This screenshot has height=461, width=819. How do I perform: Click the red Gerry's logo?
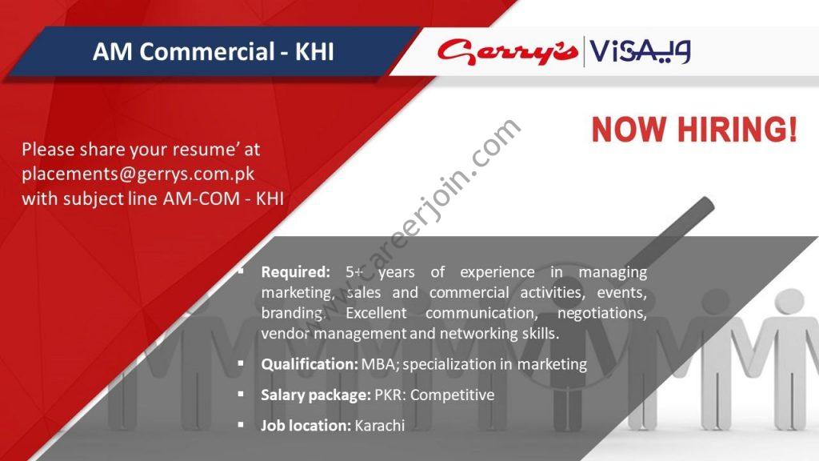tap(508, 52)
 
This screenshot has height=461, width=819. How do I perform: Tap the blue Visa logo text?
tap(641, 52)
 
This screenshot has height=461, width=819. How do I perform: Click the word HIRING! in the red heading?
tap(737, 130)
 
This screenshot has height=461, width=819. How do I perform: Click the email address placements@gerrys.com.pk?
tap(138, 174)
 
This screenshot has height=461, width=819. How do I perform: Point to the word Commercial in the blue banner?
tap(207, 52)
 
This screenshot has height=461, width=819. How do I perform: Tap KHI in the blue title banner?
tap(314, 52)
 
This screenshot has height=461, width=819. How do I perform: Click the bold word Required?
tap(296, 272)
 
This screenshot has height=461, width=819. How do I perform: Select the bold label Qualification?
tap(310, 364)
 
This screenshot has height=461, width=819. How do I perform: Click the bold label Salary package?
tap(316, 395)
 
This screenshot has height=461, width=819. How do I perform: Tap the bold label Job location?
tap(306, 426)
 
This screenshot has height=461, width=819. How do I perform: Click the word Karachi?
tap(380, 426)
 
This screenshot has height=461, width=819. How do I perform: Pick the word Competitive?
tap(453, 395)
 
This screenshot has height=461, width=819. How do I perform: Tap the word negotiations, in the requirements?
tap(602, 314)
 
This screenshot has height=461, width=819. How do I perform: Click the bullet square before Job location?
tap(240, 425)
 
